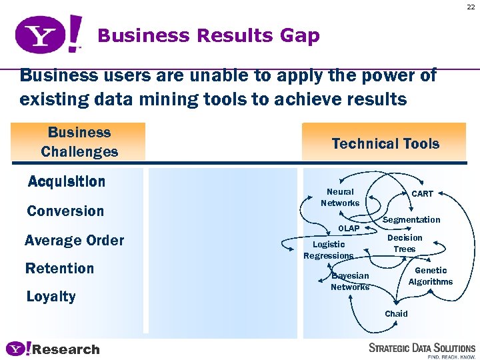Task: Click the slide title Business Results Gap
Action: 208,35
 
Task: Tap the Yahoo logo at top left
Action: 49,35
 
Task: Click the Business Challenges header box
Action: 79,142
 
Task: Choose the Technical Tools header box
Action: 385,143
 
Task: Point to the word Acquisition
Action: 67,181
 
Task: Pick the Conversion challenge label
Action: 65,211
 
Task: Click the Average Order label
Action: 74,240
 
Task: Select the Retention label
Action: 59,269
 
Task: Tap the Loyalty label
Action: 51,297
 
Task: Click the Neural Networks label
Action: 340,197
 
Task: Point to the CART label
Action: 422,194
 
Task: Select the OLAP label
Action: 349,229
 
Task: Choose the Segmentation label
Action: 411,220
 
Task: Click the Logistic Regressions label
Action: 329,250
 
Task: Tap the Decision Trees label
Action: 405,243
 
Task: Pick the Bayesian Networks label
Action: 350,281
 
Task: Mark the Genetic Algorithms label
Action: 431,276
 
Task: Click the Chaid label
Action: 396,313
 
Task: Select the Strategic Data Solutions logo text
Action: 422,348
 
